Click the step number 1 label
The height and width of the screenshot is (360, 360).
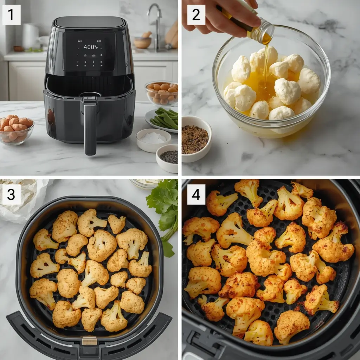coord(11,15)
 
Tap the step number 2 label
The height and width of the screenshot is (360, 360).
coord(196,15)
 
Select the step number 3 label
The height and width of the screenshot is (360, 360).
coord(11,194)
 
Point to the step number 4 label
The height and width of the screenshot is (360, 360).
coord(196,194)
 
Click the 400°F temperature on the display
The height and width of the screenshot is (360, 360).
coord(90,47)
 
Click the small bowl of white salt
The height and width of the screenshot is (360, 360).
coord(153,139)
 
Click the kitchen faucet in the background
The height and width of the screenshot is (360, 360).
coord(155,21)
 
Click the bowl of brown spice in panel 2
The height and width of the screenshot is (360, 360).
coord(195,139)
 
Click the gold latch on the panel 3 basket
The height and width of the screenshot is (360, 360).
coord(89,340)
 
